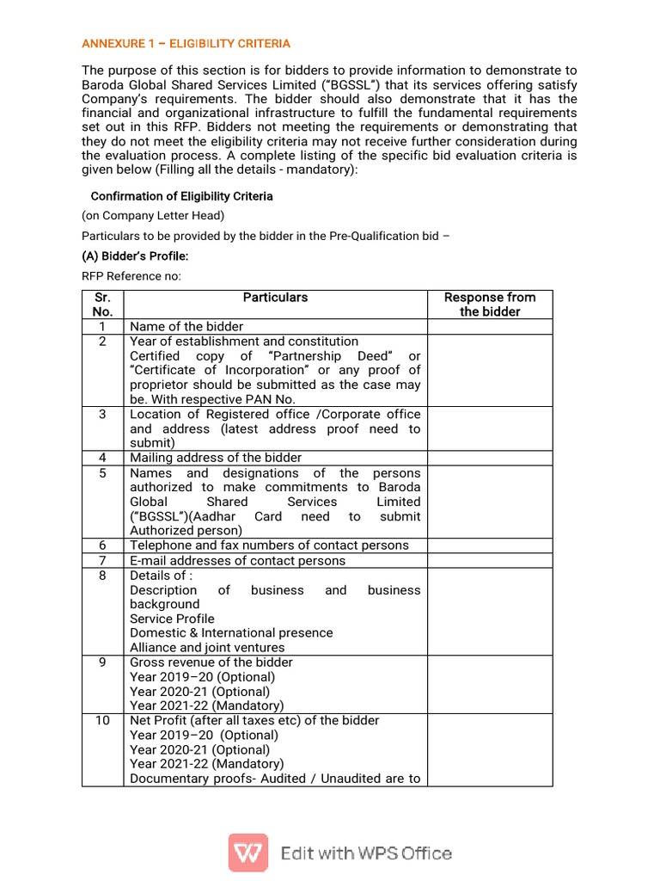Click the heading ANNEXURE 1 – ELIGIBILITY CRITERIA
[x=186, y=43]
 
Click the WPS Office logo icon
[x=247, y=853]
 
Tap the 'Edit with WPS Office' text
[x=366, y=853]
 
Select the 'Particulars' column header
[x=275, y=298]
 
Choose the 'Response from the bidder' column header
[x=489, y=305]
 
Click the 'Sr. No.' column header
[x=102, y=305]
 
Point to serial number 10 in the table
[x=102, y=720]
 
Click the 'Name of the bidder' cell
[x=186, y=327]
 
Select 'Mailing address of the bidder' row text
[x=216, y=458]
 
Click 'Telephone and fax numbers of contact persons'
[x=269, y=545]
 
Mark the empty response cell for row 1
[x=489, y=327]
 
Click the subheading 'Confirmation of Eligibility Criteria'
[x=181, y=196]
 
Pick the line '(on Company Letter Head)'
[x=153, y=216]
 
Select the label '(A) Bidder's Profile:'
[x=135, y=256]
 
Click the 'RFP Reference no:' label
[x=131, y=276]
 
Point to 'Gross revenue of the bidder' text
[x=211, y=662]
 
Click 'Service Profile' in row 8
[x=172, y=619]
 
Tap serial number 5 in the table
[x=102, y=473]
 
